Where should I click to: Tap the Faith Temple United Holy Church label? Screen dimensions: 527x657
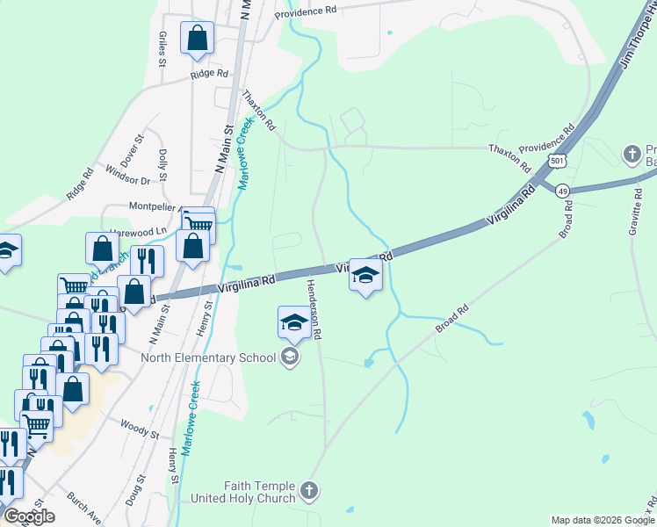(263, 492)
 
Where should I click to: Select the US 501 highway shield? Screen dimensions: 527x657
(555, 162)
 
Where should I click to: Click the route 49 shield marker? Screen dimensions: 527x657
(563, 191)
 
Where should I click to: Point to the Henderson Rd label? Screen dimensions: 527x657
(314, 310)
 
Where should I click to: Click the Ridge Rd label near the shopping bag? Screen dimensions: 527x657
(209, 75)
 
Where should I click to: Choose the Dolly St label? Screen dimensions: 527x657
(162, 163)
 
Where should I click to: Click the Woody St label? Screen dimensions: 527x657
(141, 433)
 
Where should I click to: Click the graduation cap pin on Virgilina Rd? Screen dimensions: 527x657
(365, 276)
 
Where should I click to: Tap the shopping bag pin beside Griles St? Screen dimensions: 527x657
(197, 38)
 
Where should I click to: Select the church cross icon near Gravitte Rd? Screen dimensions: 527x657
(631, 155)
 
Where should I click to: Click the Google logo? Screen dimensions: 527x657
(29, 516)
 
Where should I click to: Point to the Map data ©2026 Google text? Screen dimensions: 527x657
(602, 520)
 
